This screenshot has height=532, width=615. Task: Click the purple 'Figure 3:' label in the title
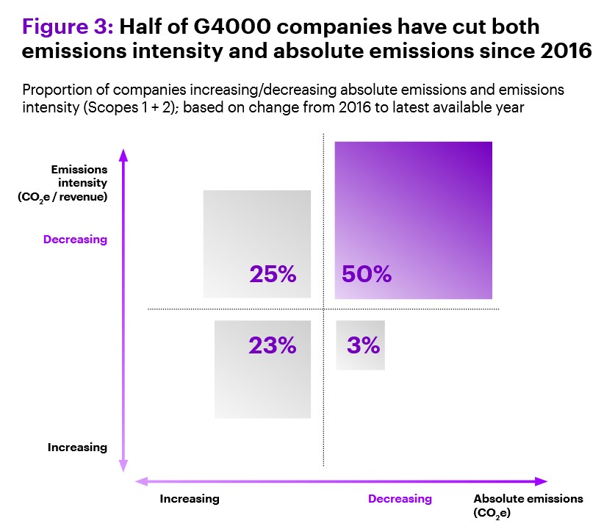[x=67, y=27]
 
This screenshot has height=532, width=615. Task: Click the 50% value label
[x=367, y=274]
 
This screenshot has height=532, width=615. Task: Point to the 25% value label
[x=273, y=274]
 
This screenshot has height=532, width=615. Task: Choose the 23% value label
[x=272, y=345]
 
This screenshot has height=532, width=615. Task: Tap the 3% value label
[x=363, y=345]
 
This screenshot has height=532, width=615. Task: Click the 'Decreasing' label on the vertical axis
[x=75, y=239]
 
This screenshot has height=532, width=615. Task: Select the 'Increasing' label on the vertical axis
[x=77, y=447]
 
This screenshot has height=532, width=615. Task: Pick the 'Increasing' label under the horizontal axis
[x=190, y=499]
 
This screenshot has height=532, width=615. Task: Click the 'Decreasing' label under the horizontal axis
[x=400, y=499]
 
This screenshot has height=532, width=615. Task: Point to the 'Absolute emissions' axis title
[x=528, y=499]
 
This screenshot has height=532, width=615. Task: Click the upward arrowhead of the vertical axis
[x=123, y=155]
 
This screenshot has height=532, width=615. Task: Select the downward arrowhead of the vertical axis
[x=123, y=465]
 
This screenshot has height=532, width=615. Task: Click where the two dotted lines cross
[x=323, y=309]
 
